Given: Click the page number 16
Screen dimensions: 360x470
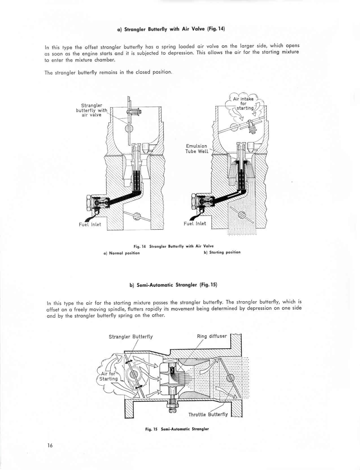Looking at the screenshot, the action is [50, 446].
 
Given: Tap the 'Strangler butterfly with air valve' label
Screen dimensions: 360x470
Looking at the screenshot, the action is [91, 110].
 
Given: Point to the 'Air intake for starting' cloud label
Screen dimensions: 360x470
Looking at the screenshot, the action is [243, 103].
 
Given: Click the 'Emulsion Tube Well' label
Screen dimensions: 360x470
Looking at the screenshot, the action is [197, 149].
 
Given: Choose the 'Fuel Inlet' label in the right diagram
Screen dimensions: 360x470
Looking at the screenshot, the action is [195, 223].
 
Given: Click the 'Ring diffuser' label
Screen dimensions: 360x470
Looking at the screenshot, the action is [212, 336].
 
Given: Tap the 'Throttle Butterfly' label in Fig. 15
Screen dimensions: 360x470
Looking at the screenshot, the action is [208, 414].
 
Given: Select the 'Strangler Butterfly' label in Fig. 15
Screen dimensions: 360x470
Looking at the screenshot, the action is [131, 336].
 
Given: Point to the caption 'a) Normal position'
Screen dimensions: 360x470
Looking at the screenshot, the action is [122, 253].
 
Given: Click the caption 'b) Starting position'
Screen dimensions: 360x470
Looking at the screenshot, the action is [222, 252].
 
